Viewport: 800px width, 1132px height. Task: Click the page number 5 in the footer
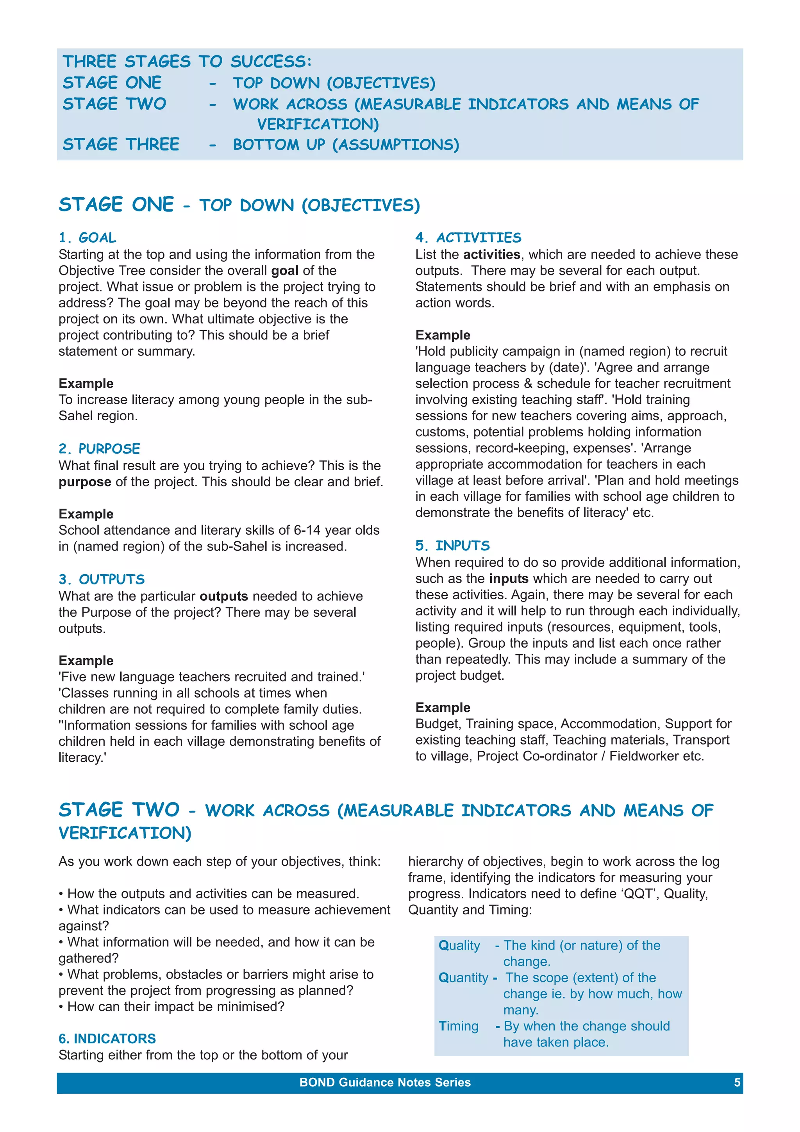coord(737,1082)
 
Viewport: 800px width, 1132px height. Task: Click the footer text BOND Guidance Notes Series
coord(385,1082)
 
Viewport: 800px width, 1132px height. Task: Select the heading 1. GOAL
coord(87,237)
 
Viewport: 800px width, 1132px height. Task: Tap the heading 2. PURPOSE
coord(99,449)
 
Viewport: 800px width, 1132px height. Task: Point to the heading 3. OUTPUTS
coord(102,579)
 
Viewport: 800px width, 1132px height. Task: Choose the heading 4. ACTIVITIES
coord(468,237)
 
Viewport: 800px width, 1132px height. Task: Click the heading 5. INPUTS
coord(452,545)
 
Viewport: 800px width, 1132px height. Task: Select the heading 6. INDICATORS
coord(107,1038)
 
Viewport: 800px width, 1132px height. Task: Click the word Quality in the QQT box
coord(459,945)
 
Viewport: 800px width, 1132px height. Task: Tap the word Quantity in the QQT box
coord(463,977)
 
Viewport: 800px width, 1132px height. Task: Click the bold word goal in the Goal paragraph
coord(284,271)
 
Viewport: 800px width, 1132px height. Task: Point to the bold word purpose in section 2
coord(85,482)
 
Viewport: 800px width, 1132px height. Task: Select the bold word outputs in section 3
coord(223,596)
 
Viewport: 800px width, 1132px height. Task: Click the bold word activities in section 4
coord(491,254)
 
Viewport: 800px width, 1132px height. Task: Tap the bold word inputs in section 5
coord(508,578)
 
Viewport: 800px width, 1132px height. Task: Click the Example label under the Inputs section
coord(443,707)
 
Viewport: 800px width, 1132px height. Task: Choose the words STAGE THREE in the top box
coord(121,144)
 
